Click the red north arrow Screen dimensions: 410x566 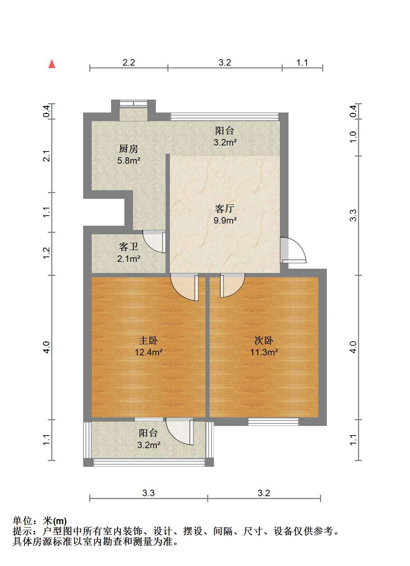pyautogui.click(x=52, y=64)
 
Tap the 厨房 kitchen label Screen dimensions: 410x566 pyautogui.click(x=129, y=149)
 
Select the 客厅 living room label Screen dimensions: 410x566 pyautogui.click(x=225, y=208)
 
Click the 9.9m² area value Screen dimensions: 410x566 pyautogui.click(x=225, y=220)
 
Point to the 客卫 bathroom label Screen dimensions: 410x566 pyautogui.click(x=129, y=246)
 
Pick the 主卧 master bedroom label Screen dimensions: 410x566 pyautogui.click(x=148, y=341)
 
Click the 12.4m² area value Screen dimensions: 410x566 pyautogui.click(x=149, y=352)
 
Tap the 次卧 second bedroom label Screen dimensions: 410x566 pyautogui.click(x=264, y=341)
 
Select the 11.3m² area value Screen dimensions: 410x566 pyautogui.click(x=264, y=352)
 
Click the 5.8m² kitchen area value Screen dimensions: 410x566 pyautogui.click(x=129, y=160)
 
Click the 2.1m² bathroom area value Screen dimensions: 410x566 pyautogui.click(x=129, y=259)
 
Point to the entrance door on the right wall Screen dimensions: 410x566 pyautogui.click(x=293, y=250)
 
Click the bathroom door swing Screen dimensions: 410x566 pyautogui.click(x=154, y=242)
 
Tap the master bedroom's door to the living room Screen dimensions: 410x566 pyautogui.click(x=185, y=287)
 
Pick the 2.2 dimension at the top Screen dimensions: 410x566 pyautogui.click(x=129, y=62)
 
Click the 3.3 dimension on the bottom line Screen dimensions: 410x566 pyautogui.click(x=148, y=493)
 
